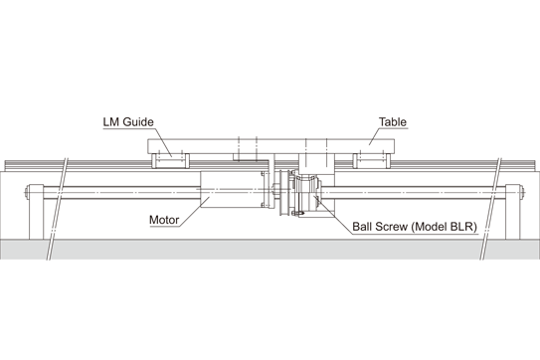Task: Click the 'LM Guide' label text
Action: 128,122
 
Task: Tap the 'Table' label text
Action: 393,122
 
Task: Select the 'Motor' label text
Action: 164,220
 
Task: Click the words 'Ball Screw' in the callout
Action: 380,227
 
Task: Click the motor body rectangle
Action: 232,190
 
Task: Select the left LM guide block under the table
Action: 170,160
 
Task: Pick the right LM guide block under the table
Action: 372,160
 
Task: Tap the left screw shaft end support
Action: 36,212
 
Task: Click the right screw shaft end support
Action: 512,212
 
